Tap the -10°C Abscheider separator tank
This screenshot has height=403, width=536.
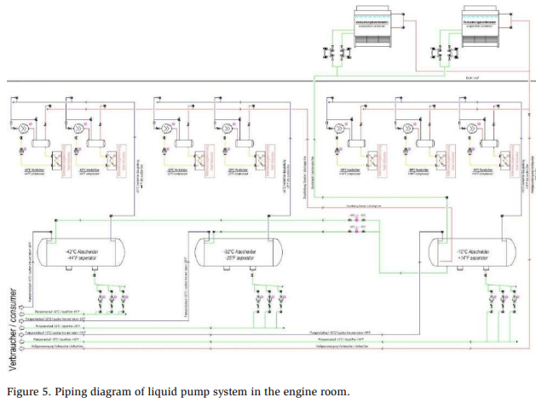pyautogui.click(x=473, y=254)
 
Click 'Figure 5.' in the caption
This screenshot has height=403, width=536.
pyautogui.click(x=28, y=391)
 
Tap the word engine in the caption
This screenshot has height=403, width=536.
pyautogui.click(x=297, y=391)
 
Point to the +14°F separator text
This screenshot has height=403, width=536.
pyautogui.click(x=473, y=259)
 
